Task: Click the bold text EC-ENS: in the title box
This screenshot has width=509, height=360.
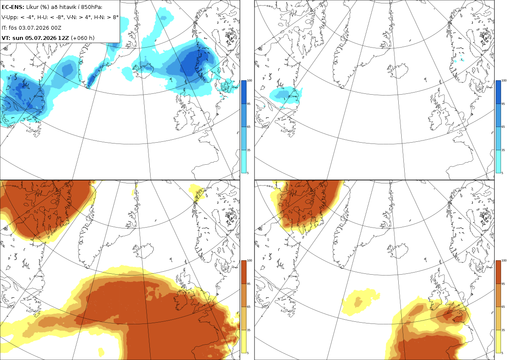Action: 13,7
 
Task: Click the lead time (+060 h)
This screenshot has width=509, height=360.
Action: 82,38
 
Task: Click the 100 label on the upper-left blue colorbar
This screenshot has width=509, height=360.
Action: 249,81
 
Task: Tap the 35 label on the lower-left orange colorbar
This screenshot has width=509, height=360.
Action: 249,330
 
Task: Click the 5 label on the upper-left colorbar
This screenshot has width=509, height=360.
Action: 248,173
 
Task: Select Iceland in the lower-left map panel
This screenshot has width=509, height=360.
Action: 143,250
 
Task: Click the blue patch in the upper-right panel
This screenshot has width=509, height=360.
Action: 286,95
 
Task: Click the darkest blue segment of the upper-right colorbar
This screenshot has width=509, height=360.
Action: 498,92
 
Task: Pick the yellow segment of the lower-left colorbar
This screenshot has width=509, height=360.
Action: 243,341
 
